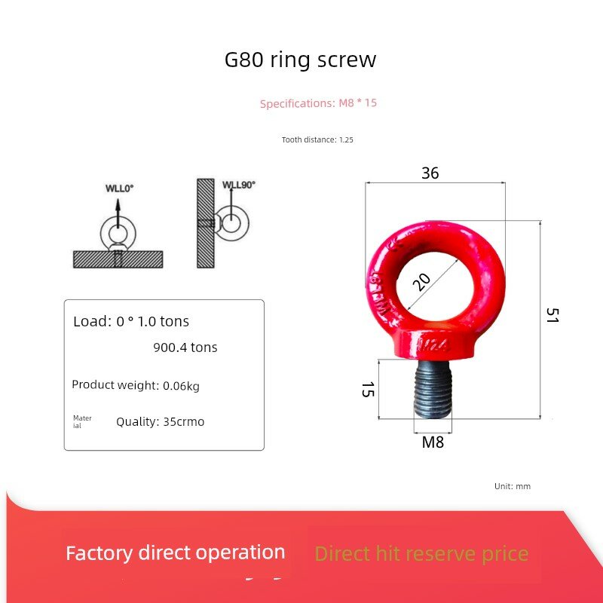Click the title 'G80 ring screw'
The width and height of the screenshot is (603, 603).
pos(300,60)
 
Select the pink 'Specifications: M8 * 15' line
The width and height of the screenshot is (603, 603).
pos(318,103)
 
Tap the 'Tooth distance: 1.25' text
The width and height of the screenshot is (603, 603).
pos(317,139)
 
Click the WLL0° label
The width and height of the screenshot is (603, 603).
pos(119,188)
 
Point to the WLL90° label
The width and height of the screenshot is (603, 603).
pos(239,185)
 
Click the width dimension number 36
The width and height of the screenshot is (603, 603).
pos(430,173)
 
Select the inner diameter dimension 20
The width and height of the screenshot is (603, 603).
pos(421,282)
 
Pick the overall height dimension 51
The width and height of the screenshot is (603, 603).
pos(552,315)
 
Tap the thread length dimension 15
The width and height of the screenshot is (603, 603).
pos(368,389)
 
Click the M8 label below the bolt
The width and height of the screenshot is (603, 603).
pos(433,442)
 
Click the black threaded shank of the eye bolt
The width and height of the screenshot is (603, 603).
pos(433,389)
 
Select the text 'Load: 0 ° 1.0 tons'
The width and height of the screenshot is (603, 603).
pos(131,322)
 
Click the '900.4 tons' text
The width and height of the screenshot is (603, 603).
pos(185,347)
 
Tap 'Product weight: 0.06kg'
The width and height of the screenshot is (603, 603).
pos(136,385)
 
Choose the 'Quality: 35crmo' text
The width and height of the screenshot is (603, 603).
pos(160,421)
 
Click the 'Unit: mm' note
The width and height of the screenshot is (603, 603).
pos(513,486)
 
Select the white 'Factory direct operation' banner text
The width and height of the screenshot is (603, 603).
pos(176,553)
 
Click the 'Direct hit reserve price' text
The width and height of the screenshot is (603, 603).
pos(421,554)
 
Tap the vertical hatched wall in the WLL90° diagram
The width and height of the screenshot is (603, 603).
pos(206,223)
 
